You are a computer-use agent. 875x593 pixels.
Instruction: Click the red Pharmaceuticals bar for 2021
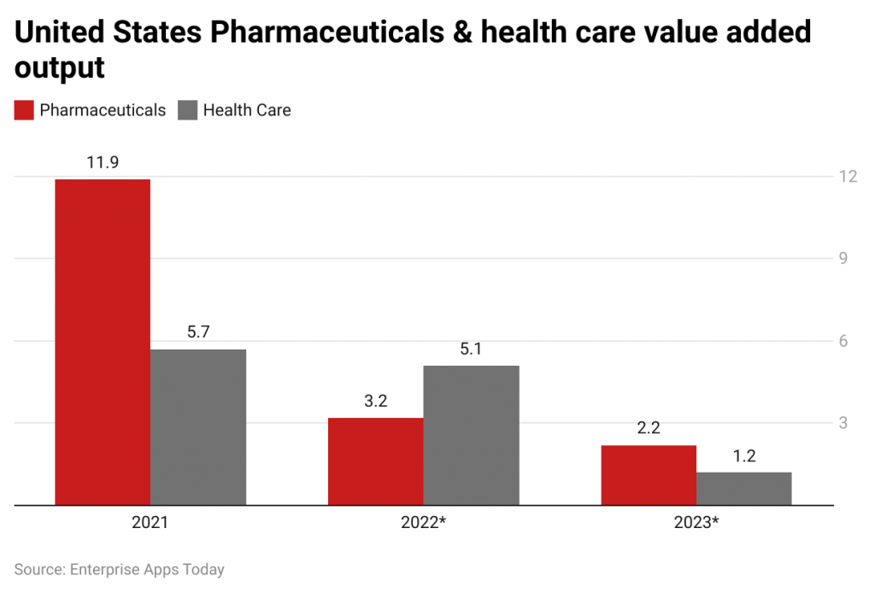(103, 342)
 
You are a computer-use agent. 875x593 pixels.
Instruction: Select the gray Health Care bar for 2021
(198, 427)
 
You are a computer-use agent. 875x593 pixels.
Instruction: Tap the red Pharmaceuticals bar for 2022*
(376, 461)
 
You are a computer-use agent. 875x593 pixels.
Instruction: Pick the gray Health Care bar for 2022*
(472, 435)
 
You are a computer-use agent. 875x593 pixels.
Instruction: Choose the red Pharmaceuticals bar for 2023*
(649, 475)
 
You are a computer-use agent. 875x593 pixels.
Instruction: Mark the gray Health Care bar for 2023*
(744, 489)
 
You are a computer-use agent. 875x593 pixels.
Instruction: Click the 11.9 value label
(103, 162)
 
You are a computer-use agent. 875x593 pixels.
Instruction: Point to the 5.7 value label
(198, 332)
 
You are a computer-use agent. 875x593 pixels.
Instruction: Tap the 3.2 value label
(376, 401)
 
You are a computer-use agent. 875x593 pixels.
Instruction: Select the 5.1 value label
(472, 349)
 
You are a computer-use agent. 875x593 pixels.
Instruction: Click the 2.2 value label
(649, 428)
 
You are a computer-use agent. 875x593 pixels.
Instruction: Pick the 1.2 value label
(744, 455)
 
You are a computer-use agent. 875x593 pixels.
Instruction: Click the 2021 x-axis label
(150, 522)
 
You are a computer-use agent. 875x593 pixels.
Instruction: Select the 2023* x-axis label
(696, 522)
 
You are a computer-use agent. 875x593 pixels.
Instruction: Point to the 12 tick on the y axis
(848, 176)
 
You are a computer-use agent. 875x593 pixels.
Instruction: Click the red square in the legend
(24, 110)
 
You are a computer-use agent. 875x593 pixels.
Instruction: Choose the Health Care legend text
(247, 110)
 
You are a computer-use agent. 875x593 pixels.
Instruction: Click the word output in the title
(59, 68)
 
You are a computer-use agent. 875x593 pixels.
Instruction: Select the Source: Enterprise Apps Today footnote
(119, 569)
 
